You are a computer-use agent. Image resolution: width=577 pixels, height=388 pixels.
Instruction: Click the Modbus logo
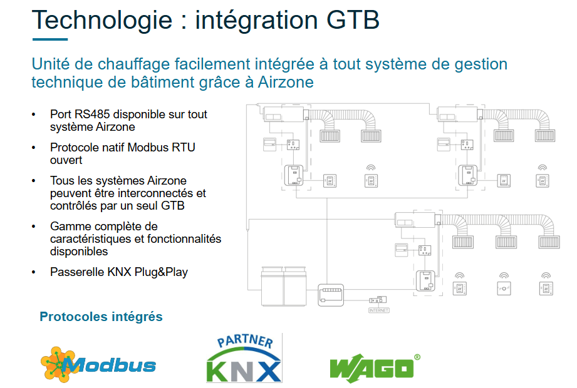[98, 363]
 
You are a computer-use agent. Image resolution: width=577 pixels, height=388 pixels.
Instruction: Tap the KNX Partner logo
[244, 359]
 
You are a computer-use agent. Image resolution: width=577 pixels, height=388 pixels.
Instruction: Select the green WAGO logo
[372, 368]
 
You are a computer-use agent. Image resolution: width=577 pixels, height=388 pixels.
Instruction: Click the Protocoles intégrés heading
[101, 317]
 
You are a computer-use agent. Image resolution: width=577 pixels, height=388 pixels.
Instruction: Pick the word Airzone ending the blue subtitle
[286, 82]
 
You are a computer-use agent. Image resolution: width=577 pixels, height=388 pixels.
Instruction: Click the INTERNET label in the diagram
[378, 310]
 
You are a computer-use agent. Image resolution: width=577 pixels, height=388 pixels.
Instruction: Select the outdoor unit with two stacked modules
[284, 286]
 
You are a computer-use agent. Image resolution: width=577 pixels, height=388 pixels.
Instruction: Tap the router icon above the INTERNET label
[378, 299]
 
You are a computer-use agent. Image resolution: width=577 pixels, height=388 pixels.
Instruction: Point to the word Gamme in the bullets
[69, 226]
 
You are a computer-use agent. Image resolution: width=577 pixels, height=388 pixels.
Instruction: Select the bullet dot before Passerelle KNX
[33, 272]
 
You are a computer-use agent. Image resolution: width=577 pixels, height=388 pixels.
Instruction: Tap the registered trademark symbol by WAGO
[417, 357]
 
